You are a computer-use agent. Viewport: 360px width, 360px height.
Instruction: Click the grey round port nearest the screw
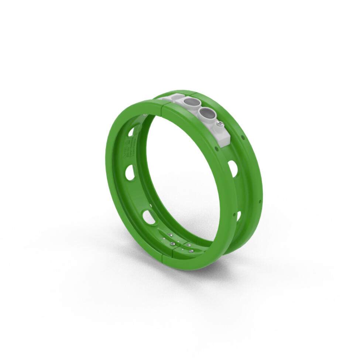point(207,113)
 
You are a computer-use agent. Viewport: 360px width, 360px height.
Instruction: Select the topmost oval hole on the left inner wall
point(132,132)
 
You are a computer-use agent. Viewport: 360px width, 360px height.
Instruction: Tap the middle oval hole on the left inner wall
point(130,172)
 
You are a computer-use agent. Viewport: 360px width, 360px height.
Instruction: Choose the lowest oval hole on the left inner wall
point(149,217)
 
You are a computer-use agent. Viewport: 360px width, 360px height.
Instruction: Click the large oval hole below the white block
point(233,168)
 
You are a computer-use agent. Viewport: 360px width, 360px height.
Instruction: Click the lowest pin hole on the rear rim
point(260,202)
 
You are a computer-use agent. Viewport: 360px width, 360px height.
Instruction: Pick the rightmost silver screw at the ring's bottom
point(191,251)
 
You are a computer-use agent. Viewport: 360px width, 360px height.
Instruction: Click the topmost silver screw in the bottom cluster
point(171,235)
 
